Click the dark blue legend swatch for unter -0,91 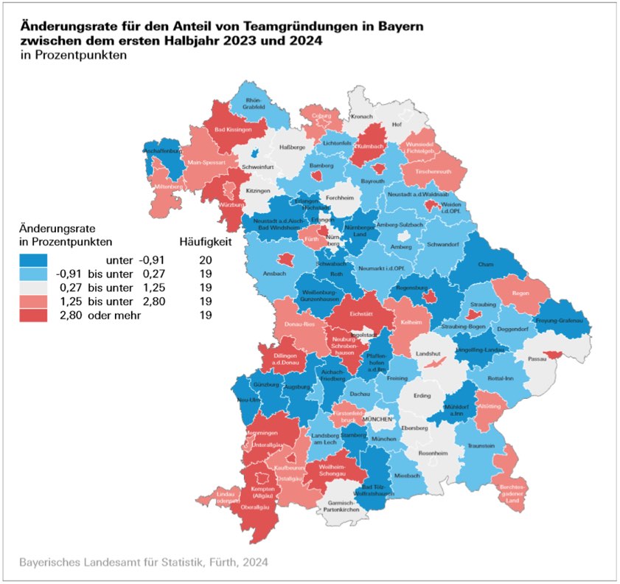click(x=33, y=260)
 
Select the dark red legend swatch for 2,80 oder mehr click(x=33, y=315)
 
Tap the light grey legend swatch click(x=33, y=288)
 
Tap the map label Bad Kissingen click(x=233, y=130)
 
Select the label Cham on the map click(x=486, y=264)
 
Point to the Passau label click(x=537, y=359)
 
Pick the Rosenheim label click(x=433, y=453)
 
